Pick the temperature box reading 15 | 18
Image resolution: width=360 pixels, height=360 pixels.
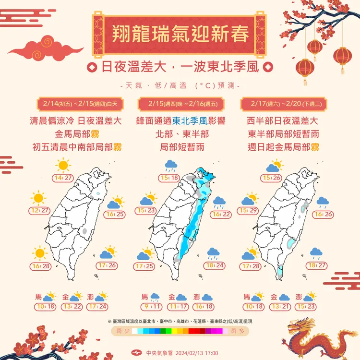click(x=170, y=178)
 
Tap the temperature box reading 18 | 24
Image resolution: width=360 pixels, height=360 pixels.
click(x=215, y=265)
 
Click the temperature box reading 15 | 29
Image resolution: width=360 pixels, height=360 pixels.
click(x=248, y=211)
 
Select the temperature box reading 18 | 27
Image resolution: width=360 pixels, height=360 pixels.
click(x=317, y=265)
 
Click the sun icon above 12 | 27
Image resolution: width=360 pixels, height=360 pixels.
click(x=38, y=198)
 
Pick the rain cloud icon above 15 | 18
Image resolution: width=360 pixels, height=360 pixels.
click(x=171, y=166)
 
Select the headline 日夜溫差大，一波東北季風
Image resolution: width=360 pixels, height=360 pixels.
click(x=180, y=67)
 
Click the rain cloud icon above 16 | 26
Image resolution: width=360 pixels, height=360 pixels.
click(x=323, y=202)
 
